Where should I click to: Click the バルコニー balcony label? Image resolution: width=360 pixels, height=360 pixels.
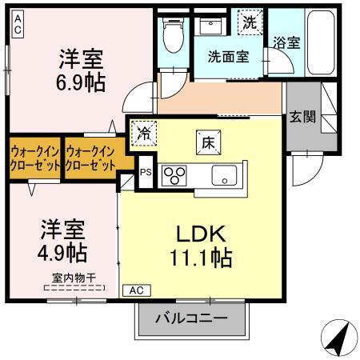190,318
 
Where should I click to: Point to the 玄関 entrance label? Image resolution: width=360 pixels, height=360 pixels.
302,116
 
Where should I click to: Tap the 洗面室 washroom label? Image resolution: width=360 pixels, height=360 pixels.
229,57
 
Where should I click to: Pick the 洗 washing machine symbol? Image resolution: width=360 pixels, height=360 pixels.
250,23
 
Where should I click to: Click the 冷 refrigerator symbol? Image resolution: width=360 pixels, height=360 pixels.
145,131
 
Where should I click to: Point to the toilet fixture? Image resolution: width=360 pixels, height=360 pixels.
170,34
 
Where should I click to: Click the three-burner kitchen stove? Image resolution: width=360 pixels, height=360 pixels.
174,174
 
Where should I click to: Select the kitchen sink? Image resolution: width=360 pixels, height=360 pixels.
223,174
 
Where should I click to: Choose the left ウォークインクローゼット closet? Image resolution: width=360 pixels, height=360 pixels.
35,155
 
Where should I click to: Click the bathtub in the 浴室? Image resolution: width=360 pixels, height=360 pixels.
324,43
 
